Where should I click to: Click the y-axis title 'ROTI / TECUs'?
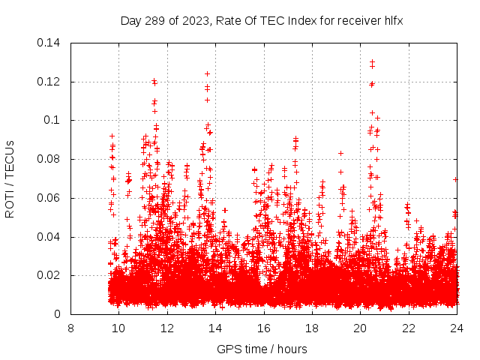click(x=10, y=178)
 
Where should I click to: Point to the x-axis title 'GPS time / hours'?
click(x=262, y=349)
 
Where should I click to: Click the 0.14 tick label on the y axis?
click(x=50, y=42)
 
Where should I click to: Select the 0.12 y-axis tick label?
click(x=50, y=81)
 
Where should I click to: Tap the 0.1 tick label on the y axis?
click(x=54, y=120)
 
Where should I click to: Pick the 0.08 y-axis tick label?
click(x=50, y=159)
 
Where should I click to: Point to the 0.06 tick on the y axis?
click(x=50, y=198)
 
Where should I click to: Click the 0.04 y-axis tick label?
click(x=50, y=237)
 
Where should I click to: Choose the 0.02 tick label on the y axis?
click(x=50, y=276)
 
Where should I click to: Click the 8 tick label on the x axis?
click(x=70, y=328)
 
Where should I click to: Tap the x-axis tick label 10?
click(x=118, y=328)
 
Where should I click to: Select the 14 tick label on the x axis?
click(x=215, y=328)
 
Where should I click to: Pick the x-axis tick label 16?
click(x=263, y=328)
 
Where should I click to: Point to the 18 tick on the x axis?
click(x=312, y=328)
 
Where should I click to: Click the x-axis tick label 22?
click(x=409, y=328)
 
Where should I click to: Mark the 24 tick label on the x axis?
click(x=457, y=328)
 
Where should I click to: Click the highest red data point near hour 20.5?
click(x=372, y=61)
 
